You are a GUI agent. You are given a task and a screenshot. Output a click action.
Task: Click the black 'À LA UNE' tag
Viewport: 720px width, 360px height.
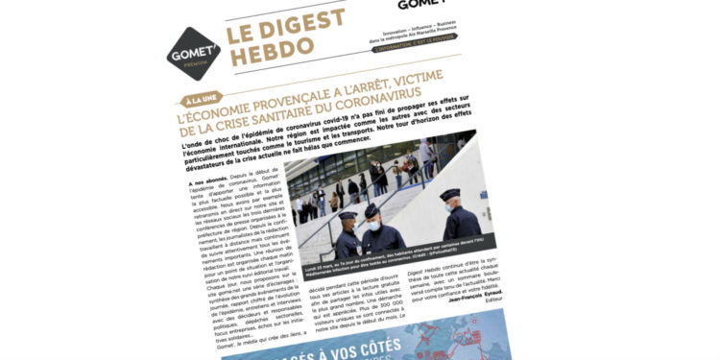[x=200, y=100]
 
